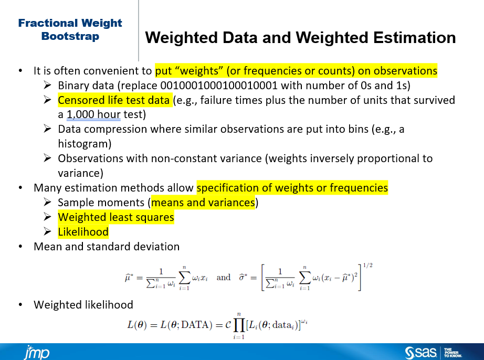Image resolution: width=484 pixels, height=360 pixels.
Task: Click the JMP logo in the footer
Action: pos(37,352)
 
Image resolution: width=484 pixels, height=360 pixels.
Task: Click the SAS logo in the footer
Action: pos(420,353)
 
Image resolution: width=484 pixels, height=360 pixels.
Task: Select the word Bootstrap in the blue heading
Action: pos(70,36)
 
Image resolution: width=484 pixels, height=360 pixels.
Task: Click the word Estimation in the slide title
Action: pos(414,38)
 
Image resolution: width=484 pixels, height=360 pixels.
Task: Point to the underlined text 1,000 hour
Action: pos(93,114)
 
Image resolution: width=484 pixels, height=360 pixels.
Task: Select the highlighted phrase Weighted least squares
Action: pos(116,217)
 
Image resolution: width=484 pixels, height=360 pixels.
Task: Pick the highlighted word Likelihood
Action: pos(83,232)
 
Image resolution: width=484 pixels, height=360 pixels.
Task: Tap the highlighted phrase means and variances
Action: pos(203,203)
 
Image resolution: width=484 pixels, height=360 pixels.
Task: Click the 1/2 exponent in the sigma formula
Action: pos(367,266)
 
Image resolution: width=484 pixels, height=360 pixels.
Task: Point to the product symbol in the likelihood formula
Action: pos(239,325)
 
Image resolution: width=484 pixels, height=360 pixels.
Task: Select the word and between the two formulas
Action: pos(224,277)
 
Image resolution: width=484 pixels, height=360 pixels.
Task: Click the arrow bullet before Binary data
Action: pos(47,85)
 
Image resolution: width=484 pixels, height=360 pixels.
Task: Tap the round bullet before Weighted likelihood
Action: pos(20,305)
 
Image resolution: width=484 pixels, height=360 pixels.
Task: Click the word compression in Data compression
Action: pos(115,129)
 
